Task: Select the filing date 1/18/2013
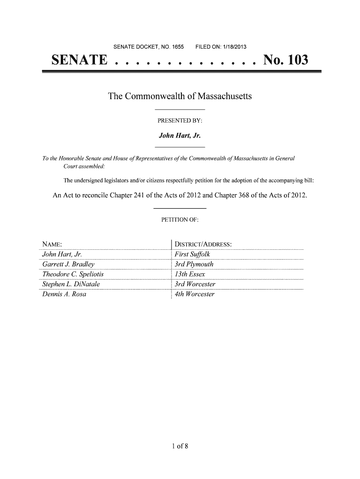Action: pos(233,47)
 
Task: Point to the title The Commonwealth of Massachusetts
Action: pos(180,97)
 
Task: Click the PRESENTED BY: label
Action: pos(180,121)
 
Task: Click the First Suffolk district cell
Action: pos(192,254)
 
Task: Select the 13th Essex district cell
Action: pos(189,274)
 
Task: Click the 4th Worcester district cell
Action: pos(194,295)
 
